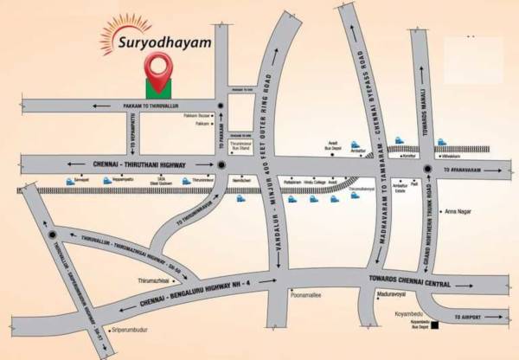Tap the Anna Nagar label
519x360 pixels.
point(459,213)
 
